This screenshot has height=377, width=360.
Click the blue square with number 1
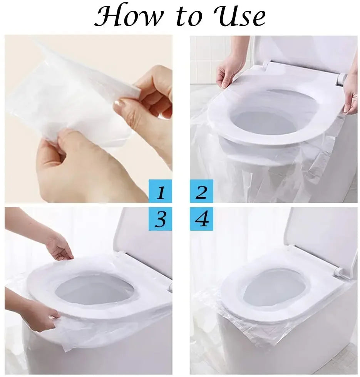pos(160,191)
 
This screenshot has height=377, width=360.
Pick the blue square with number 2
pos(201,191)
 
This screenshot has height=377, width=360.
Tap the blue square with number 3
pos(160,219)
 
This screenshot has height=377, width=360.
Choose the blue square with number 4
pos(201,219)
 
